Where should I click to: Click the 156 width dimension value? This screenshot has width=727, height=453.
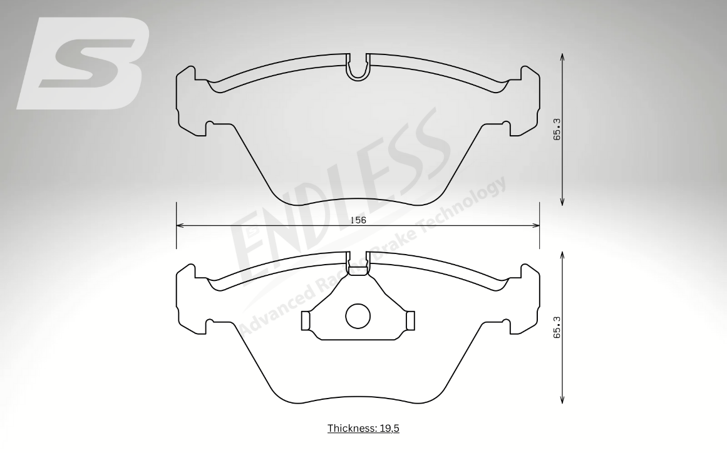coord(358,220)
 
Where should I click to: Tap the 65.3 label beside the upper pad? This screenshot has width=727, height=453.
coord(557,129)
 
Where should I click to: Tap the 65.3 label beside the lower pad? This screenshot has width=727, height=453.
coord(557,327)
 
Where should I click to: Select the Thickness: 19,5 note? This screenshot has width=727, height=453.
coord(363,428)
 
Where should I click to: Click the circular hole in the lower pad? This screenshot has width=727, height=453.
coord(358,317)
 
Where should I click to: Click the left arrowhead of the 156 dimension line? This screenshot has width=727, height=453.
coord(180,226)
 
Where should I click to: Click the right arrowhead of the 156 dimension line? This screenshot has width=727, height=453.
coord(535,226)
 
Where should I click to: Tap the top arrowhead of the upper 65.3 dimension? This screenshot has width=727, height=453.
coord(562,57)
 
